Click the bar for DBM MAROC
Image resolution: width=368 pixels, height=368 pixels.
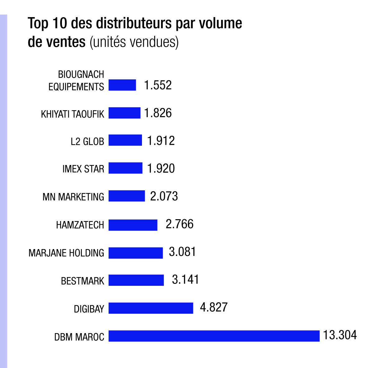pyautogui.click(x=214, y=336)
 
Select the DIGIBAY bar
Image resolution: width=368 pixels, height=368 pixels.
pyautogui.click(x=151, y=308)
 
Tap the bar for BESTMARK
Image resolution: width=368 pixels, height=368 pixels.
pyautogui.click(x=136, y=280)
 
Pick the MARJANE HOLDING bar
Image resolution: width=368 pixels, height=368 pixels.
pyautogui.click(x=135, y=253)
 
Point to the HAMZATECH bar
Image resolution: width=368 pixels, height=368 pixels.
pyautogui.click(x=133, y=225)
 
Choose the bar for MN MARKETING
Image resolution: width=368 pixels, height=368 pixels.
pyautogui.click(x=126, y=196)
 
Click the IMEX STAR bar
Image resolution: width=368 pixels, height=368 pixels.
pyautogui.click(x=125, y=168)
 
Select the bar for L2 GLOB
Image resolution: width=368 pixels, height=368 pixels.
pyautogui.click(x=125, y=140)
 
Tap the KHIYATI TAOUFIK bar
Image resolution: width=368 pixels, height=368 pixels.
pyautogui.click(x=124, y=113)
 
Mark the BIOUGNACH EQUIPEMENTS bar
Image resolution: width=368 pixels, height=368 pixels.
pyautogui.click(x=122, y=85)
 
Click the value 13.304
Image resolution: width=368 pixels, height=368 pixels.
pyautogui.click(x=340, y=335)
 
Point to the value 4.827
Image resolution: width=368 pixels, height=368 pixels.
pyautogui.click(x=214, y=307)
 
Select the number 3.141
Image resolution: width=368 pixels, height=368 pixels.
pyautogui.click(x=185, y=280)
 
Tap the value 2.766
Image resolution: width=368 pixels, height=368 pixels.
pyautogui.click(x=179, y=224)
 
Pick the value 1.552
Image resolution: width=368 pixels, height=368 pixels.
pyautogui.click(x=158, y=85)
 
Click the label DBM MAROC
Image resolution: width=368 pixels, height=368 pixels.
pyautogui.click(x=79, y=337)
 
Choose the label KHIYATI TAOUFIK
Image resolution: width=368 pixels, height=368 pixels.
pyautogui.click(x=73, y=114)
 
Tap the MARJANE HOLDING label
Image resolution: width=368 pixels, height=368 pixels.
pyautogui.click(x=66, y=253)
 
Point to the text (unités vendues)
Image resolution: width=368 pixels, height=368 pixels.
pyautogui.click(x=134, y=42)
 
